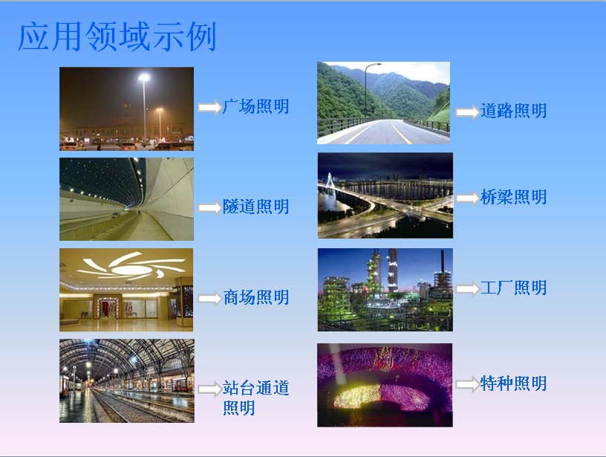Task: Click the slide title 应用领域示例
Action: tap(117, 36)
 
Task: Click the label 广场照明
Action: tap(255, 107)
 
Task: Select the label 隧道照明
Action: tap(255, 207)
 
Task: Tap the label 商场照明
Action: tap(256, 298)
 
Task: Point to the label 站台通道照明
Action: tap(255, 398)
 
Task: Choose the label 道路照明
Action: tap(513, 111)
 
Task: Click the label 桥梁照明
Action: tap(513, 197)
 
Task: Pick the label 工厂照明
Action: tap(513, 288)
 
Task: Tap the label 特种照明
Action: tap(513, 383)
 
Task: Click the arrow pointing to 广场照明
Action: tap(209, 107)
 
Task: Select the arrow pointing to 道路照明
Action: tap(467, 112)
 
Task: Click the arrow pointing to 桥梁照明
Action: tap(467, 198)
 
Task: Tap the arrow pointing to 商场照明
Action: tap(209, 299)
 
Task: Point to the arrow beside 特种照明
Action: tap(467, 385)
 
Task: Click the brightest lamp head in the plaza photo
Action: tap(144, 77)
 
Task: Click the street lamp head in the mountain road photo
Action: tap(377, 64)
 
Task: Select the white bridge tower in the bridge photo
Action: tap(330, 183)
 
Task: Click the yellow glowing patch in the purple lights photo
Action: tap(357, 395)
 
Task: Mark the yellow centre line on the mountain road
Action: tap(400, 132)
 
